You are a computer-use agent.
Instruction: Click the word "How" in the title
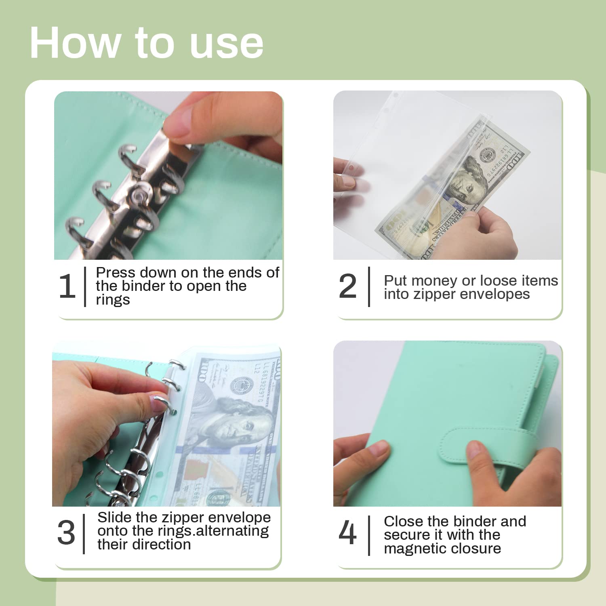pos(75,42)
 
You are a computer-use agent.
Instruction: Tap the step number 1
pos(67,286)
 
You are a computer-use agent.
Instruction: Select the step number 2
pos(347,286)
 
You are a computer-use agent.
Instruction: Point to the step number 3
pos(66,532)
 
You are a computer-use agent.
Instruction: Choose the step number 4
pos(347,532)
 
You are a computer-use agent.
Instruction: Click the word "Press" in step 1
pos(115,273)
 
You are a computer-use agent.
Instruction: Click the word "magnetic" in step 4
pos(415,549)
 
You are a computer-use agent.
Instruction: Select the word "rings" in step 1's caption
pos(113,300)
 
